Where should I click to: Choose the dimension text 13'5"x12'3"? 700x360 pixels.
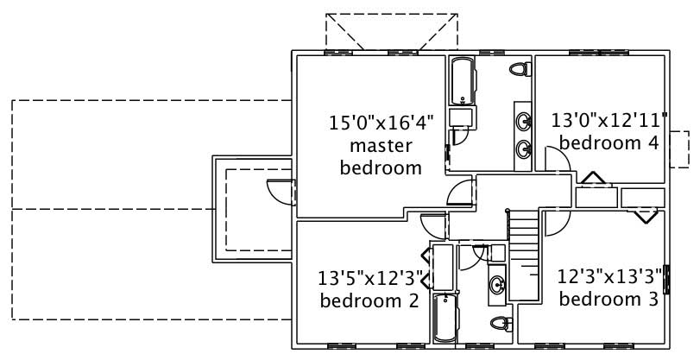pyautogui.click(x=370, y=278)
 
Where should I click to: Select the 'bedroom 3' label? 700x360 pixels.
pyautogui.click(x=609, y=299)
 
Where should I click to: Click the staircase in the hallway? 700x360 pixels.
pyautogui.click(x=523, y=255)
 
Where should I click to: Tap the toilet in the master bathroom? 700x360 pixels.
pyautogui.click(x=518, y=69)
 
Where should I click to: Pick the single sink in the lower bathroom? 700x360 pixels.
pyautogui.click(x=498, y=284)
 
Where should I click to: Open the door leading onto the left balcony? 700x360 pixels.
pyautogui.click(x=281, y=191)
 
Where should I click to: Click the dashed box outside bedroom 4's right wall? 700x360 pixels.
pyautogui.click(x=679, y=148)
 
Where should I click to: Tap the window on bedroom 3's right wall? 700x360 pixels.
pyautogui.click(x=666, y=280)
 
